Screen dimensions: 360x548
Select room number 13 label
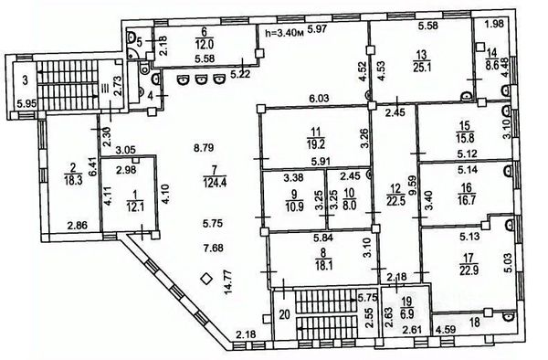(420, 54)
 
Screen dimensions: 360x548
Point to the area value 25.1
(420, 66)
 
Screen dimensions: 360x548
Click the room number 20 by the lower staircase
(284, 315)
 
